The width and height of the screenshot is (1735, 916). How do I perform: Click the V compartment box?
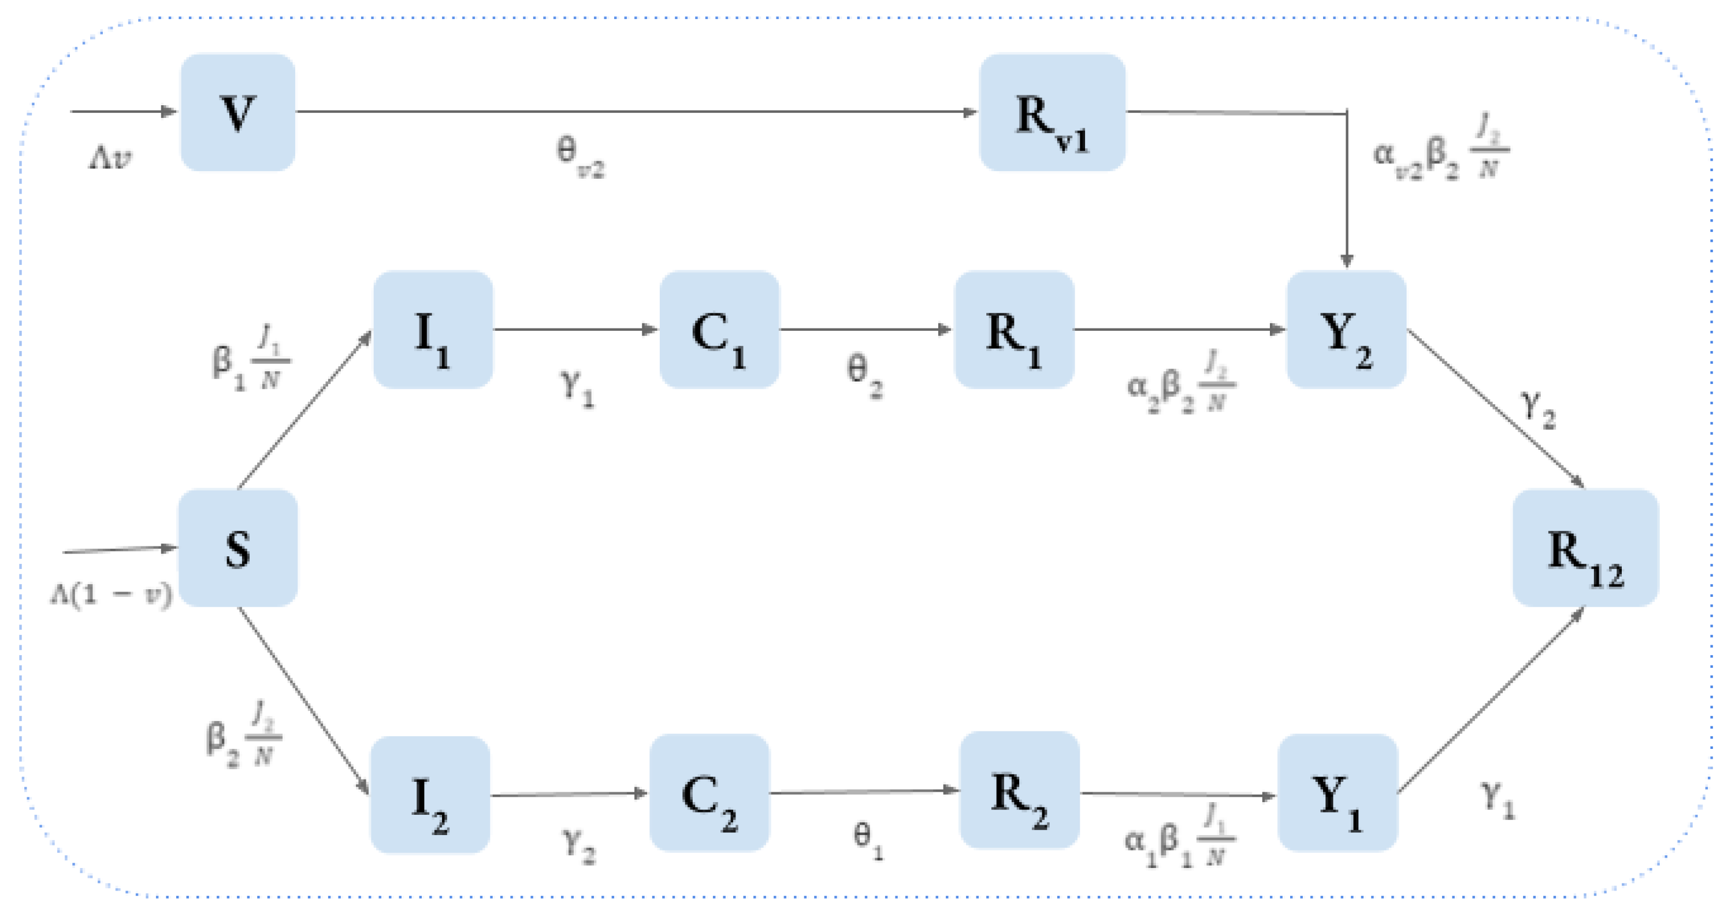(x=238, y=113)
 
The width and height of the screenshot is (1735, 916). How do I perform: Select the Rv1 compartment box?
(x=1052, y=113)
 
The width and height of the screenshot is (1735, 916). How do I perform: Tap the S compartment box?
(x=238, y=548)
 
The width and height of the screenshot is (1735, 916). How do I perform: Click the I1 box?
(x=433, y=330)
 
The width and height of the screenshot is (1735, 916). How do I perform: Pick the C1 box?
(x=719, y=330)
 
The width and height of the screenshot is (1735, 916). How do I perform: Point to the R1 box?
(x=1013, y=330)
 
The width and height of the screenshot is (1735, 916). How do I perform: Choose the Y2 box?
(x=1346, y=330)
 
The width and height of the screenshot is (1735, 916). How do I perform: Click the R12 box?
(x=1585, y=548)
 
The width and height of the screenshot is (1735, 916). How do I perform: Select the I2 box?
(x=430, y=795)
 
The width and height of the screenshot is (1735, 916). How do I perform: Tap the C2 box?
(x=709, y=793)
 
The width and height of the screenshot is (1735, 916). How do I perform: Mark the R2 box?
(x=1019, y=790)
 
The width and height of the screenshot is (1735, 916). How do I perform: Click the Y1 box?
(x=1338, y=793)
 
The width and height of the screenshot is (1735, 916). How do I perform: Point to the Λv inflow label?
(x=110, y=158)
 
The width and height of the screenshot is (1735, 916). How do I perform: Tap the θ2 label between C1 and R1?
(x=864, y=375)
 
